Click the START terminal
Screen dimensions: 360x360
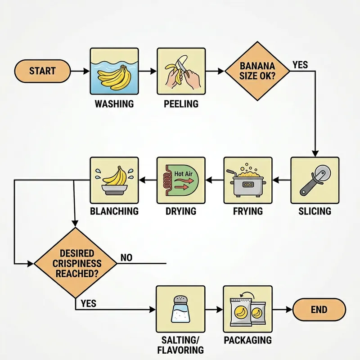(42, 71)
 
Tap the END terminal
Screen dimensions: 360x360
(319, 310)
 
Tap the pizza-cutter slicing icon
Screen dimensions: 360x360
(315, 181)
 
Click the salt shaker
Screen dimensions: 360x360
(180, 310)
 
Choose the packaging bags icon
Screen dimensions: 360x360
(247, 310)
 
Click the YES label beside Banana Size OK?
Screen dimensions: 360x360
(300, 65)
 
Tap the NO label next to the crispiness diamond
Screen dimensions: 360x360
(126, 258)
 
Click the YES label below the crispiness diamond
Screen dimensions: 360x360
(88, 304)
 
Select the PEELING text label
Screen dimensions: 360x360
(181, 104)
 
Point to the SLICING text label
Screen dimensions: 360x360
(315, 211)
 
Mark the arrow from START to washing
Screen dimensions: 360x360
(80, 71)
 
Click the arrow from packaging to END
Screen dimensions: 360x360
(283, 310)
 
